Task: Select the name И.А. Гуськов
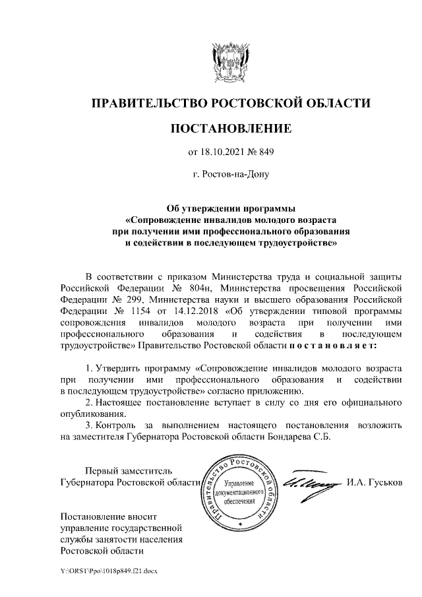tap(373, 484)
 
